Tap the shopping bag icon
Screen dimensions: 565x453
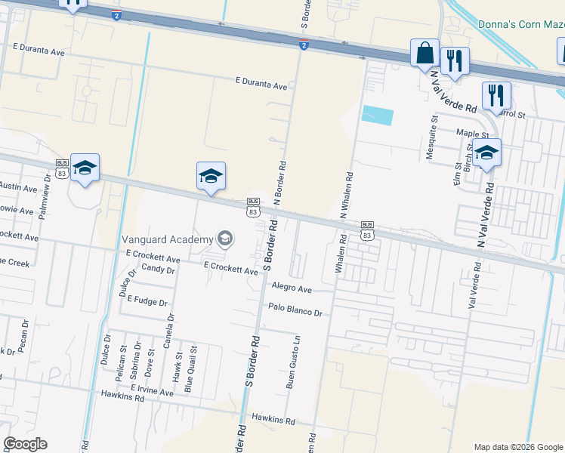(x=425, y=54)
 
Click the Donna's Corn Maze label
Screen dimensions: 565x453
(x=521, y=24)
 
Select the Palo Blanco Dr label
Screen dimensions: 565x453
(x=295, y=310)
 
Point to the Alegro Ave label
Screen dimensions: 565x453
(x=292, y=289)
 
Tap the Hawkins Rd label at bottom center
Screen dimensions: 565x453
(x=273, y=420)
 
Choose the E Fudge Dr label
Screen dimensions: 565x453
(x=147, y=300)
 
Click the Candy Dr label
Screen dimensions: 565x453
(x=157, y=269)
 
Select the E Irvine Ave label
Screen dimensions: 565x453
(x=152, y=388)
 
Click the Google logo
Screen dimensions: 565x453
(x=25, y=445)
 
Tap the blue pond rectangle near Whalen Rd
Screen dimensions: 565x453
(x=378, y=116)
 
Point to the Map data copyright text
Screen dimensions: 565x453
(x=517, y=447)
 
